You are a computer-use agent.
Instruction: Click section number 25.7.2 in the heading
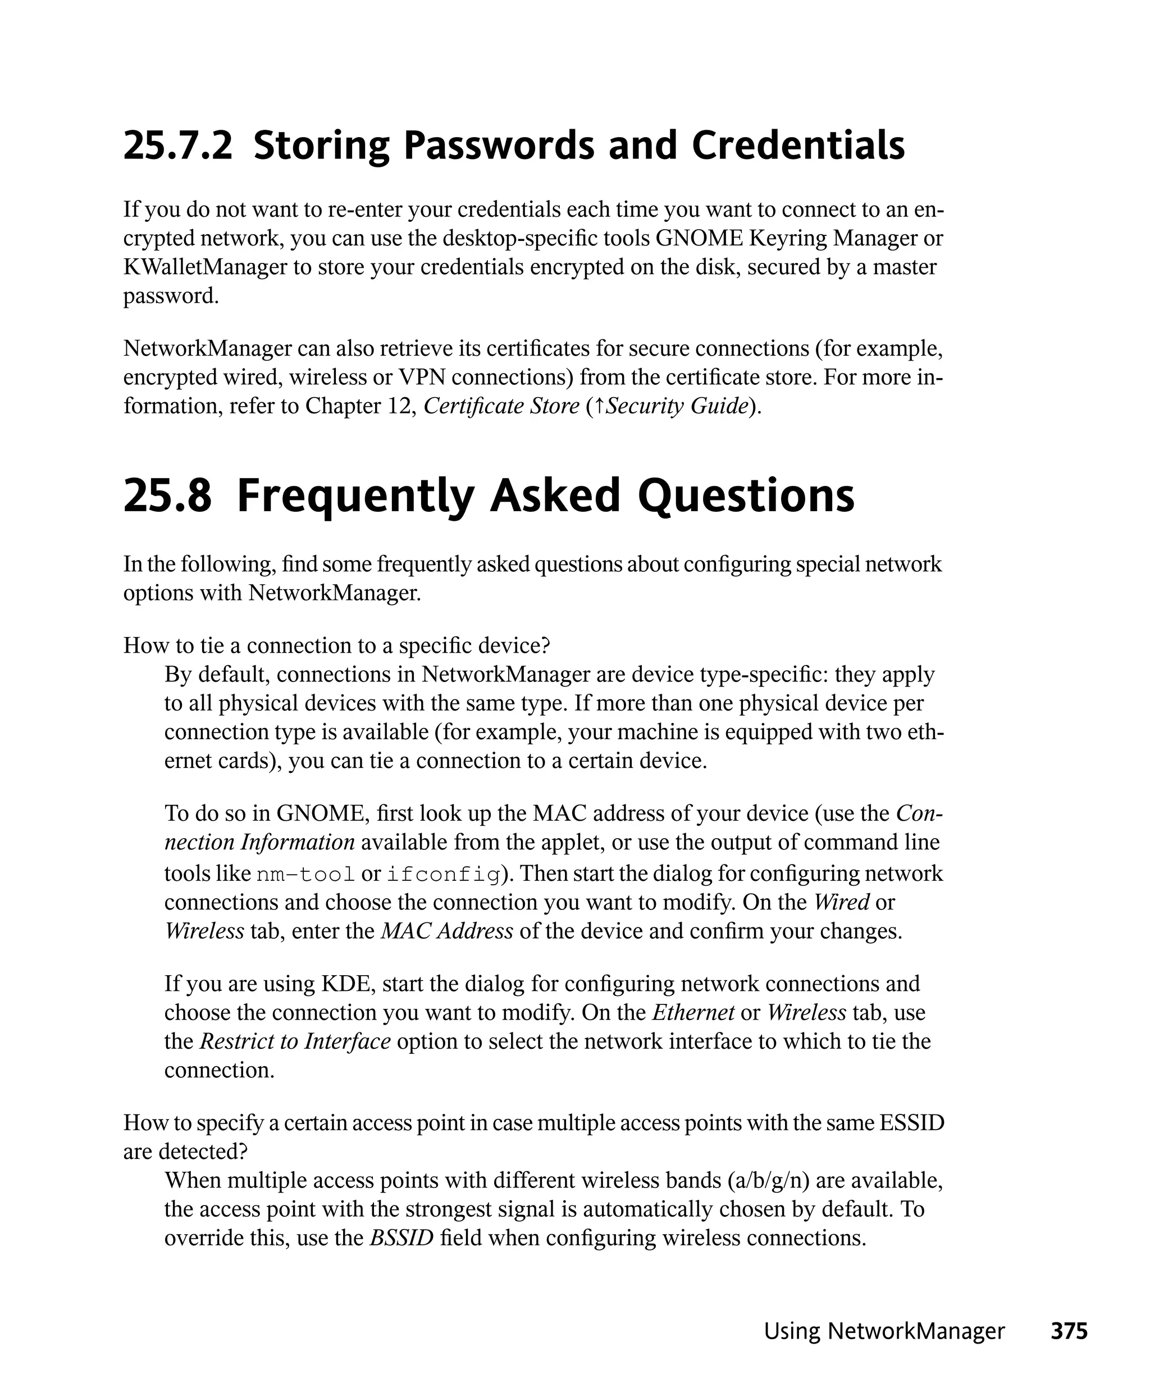click(x=177, y=146)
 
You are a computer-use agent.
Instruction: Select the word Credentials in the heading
click(x=798, y=146)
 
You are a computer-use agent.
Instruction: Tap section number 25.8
click(x=167, y=495)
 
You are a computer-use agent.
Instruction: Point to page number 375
click(x=1069, y=1331)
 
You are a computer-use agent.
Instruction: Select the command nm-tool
click(x=305, y=875)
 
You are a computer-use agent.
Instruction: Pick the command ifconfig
click(x=442, y=875)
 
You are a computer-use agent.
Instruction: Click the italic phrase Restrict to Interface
click(x=295, y=1041)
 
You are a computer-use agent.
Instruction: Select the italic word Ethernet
click(x=693, y=1013)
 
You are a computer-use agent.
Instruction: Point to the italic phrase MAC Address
click(x=447, y=931)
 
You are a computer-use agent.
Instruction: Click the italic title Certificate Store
click(x=501, y=406)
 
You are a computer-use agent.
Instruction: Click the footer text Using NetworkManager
click(x=884, y=1331)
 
